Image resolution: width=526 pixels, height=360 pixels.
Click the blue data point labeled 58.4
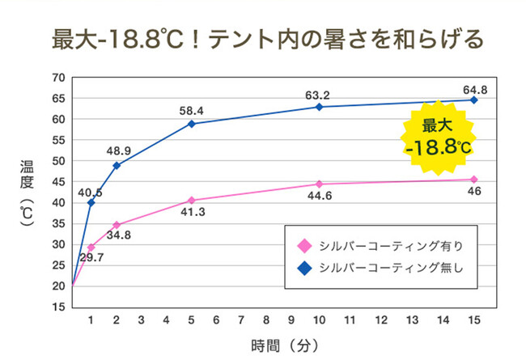(192, 124)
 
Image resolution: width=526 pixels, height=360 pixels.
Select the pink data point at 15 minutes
(473, 180)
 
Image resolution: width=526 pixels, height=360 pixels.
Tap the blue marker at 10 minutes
(320, 107)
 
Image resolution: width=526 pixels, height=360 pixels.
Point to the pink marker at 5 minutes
(192, 200)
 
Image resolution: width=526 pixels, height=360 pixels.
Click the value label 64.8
(474, 89)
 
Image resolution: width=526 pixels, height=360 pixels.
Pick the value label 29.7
(92, 258)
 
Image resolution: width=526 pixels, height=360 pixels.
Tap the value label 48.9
(118, 150)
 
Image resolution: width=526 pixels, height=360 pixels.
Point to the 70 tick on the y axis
(57, 78)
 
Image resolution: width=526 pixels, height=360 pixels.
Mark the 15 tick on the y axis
(57, 307)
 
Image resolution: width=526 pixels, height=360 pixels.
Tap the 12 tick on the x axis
(371, 320)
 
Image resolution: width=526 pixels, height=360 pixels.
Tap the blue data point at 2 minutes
(116, 165)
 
